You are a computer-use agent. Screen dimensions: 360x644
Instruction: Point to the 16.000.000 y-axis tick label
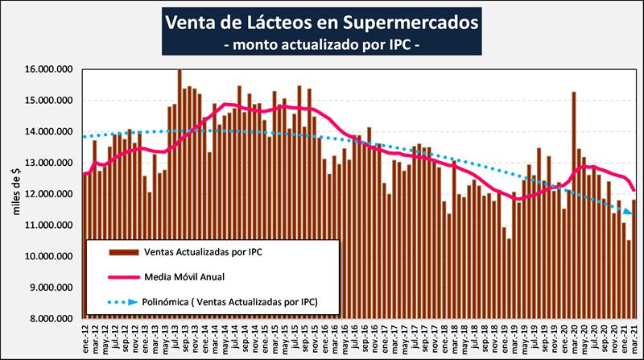click(49, 70)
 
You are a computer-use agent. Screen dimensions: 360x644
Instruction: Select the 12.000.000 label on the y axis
click(49, 194)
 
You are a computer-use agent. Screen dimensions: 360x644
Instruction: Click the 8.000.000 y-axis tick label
click(52, 318)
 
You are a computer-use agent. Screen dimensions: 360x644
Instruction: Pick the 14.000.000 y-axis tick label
click(49, 132)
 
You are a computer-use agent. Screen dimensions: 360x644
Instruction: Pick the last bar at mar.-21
click(633, 259)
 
